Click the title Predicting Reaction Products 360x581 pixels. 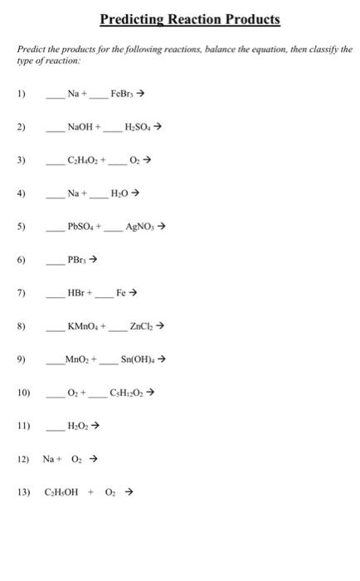click(190, 19)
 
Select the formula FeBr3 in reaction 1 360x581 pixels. click(123, 95)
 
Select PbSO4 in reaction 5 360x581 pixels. click(85, 226)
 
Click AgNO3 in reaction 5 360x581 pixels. click(139, 226)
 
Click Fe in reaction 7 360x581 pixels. click(121, 292)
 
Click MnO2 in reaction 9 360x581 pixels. click(81, 359)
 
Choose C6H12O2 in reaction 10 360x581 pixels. click(126, 393)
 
